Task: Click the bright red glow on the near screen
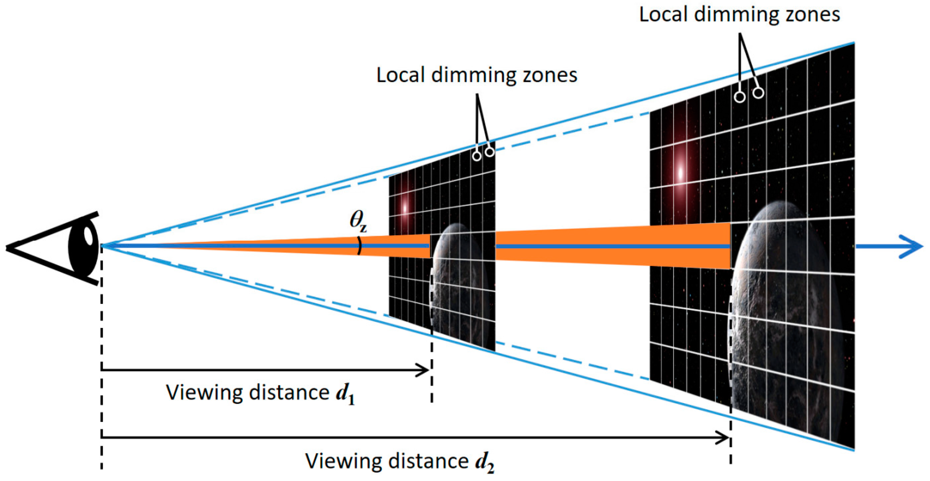(x=405, y=209)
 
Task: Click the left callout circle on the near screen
(x=477, y=156)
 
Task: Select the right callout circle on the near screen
(x=490, y=152)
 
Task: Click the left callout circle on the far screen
(x=740, y=97)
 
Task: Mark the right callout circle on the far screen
(x=758, y=93)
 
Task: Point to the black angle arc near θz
(x=359, y=246)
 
